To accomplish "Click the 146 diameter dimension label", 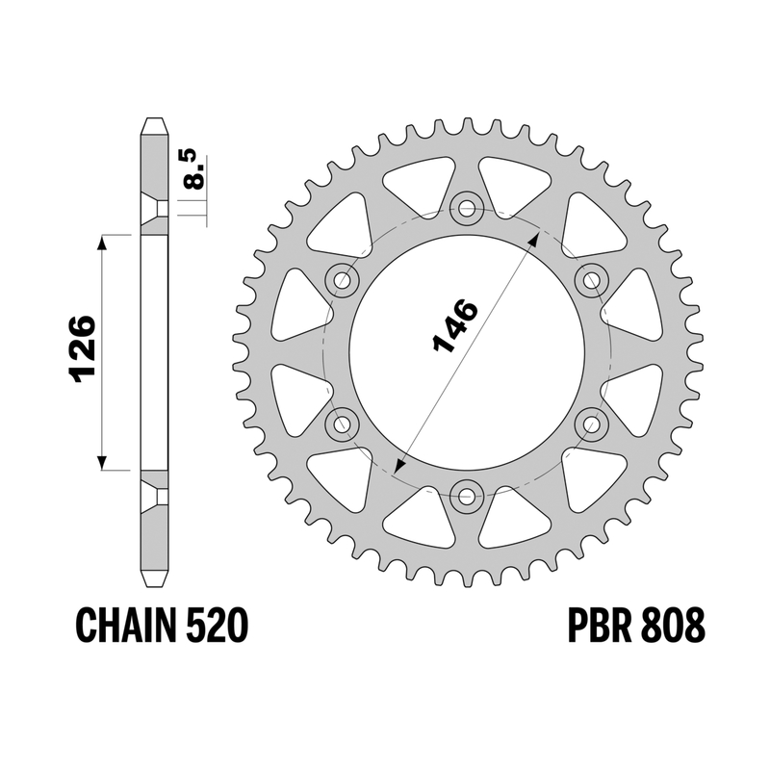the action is coord(454,325).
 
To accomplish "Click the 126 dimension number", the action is coord(82,348).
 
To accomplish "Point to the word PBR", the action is coord(599,625).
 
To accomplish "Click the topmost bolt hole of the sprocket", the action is coord(467,209).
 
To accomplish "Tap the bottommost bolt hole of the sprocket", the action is coord(467,496).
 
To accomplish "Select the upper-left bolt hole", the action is coord(343,280).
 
